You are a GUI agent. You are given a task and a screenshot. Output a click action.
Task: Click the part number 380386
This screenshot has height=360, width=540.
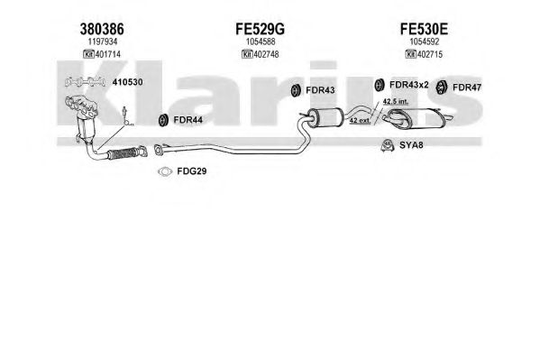(102, 29)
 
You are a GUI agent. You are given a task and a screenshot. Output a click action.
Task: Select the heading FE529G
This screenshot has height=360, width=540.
(260, 29)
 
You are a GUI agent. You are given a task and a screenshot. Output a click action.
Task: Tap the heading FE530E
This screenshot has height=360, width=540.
(424, 29)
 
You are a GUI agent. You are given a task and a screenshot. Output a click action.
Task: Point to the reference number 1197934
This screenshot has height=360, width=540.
(103, 42)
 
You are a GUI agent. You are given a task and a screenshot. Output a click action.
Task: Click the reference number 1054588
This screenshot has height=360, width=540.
(261, 42)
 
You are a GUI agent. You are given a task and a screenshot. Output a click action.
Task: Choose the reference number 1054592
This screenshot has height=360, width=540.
(425, 42)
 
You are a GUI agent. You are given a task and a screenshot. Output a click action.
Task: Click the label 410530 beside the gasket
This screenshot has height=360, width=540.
(127, 82)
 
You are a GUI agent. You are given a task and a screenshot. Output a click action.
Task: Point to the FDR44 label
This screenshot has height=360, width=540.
(188, 120)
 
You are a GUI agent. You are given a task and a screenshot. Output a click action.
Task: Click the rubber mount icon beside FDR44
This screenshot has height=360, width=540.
(162, 120)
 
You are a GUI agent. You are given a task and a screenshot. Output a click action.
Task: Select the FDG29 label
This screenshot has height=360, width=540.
(192, 171)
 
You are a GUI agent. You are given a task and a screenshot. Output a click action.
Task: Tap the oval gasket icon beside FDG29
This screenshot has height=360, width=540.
(165, 171)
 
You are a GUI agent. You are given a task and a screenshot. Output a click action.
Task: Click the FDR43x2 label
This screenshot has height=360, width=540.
(408, 85)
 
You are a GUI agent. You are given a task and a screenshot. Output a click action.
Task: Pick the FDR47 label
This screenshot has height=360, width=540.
(467, 88)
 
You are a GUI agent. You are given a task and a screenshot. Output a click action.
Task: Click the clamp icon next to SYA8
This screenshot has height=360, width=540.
(388, 145)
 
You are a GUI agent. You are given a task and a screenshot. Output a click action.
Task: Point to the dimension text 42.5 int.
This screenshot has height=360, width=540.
(396, 101)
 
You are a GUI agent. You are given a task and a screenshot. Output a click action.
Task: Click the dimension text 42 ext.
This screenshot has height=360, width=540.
(360, 120)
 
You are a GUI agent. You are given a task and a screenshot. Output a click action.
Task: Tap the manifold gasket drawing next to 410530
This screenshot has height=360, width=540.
(85, 82)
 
